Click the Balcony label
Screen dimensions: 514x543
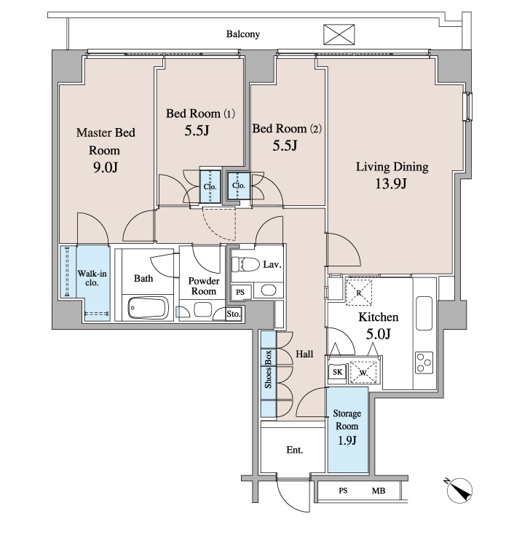point(242,34)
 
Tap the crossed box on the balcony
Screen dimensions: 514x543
point(339,34)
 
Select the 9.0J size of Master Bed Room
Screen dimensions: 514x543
point(106,167)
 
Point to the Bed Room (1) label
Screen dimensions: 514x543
point(200,114)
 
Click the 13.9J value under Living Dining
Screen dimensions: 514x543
point(391,183)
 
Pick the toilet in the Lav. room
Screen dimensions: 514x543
point(245,264)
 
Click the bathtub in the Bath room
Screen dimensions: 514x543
point(148,307)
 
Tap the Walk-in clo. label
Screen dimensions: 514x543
point(92,278)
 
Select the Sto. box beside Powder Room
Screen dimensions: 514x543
point(234,314)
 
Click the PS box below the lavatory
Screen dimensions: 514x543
point(240,292)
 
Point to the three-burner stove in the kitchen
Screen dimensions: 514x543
point(424,362)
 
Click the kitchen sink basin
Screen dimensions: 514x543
point(424,313)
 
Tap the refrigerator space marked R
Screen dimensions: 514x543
point(359,293)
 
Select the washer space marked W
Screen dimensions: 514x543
point(363,372)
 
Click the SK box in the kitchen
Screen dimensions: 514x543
point(337,372)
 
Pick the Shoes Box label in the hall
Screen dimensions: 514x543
point(268,369)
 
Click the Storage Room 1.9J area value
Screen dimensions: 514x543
point(347,440)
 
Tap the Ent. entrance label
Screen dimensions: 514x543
point(295,450)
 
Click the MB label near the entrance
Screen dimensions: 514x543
point(379,491)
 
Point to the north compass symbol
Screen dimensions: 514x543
point(459,490)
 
